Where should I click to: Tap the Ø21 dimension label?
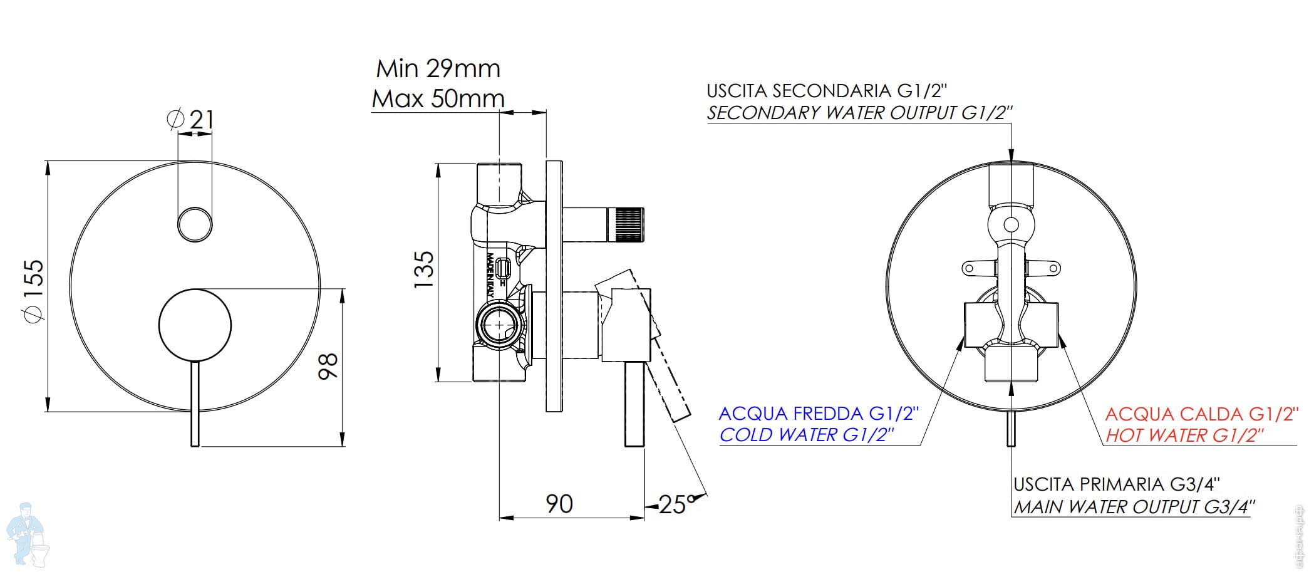pyautogui.click(x=191, y=119)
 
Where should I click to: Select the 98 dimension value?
pyautogui.click(x=328, y=366)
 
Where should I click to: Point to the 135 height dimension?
pyautogui.click(x=424, y=269)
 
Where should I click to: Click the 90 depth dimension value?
pyautogui.click(x=559, y=504)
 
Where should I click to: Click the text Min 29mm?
pyautogui.click(x=438, y=68)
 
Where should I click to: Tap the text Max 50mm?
pyautogui.click(x=438, y=98)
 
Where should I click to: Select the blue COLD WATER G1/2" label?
pyautogui.click(x=807, y=435)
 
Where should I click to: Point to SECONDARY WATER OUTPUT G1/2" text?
pyautogui.click(x=859, y=113)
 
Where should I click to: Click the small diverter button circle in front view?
pyautogui.click(x=194, y=224)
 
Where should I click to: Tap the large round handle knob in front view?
pyautogui.click(x=195, y=325)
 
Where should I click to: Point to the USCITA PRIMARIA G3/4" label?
pyautogui.click(x=1117, y=484)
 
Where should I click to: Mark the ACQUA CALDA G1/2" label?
pyautogui.click(x=1200, y=414)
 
